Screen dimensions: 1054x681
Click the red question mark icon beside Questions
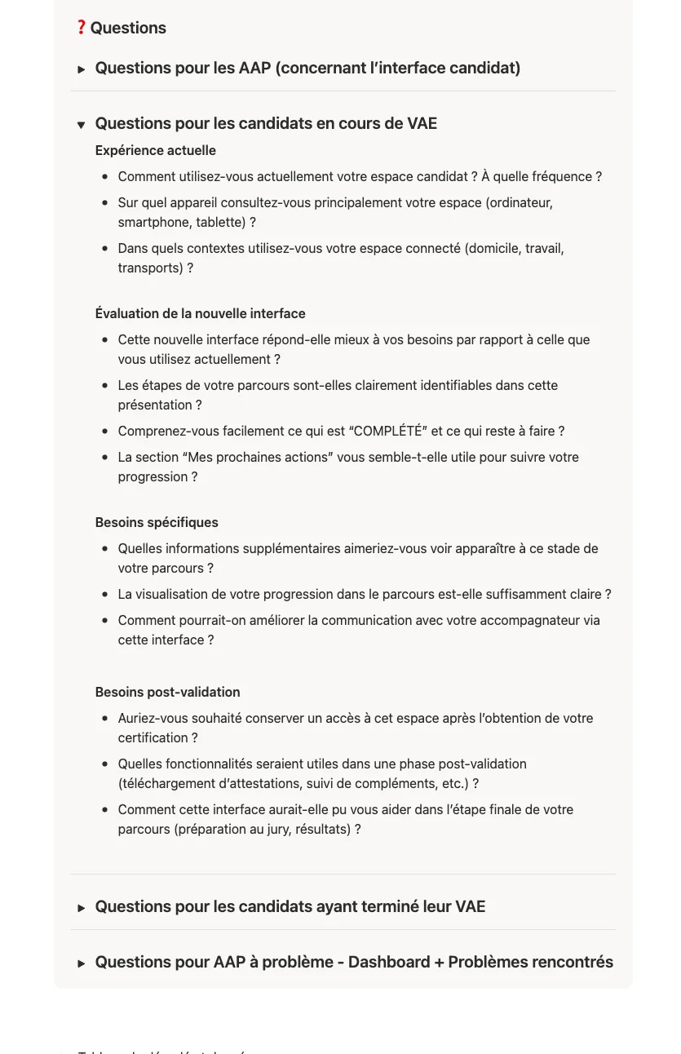(x=81, y=28)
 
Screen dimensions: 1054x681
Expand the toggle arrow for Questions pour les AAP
(x=82, y=69)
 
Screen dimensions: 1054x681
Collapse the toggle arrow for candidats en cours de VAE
(x=82, y=125)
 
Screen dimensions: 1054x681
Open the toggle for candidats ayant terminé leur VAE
(x=82, y=908)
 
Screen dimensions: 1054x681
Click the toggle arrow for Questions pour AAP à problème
(x=82, y=963)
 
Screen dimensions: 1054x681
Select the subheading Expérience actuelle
(x=155, y=150)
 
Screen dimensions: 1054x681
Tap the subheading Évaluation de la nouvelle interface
(x=200, y=313)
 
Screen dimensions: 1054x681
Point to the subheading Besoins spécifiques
(x=157, y=522)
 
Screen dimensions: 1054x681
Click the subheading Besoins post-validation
(x=167, y=692)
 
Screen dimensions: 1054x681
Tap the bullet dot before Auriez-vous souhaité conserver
(x=105, y=719)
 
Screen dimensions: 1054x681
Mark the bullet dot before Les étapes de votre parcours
(x=105, y=386)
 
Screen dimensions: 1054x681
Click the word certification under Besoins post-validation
(x=153, y=737)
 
